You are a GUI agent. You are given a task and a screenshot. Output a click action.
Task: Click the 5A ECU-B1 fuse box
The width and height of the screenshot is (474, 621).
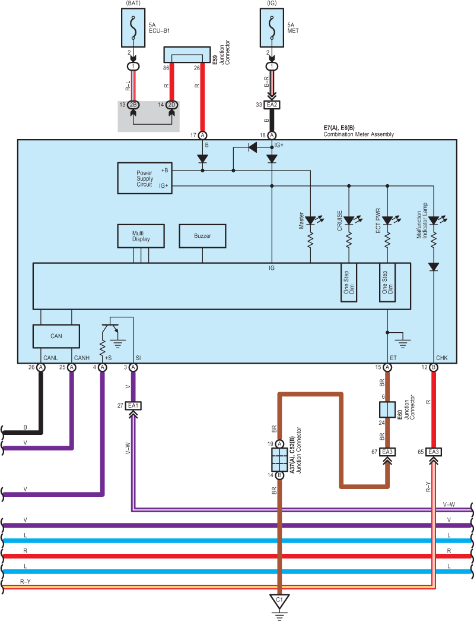point(133,28)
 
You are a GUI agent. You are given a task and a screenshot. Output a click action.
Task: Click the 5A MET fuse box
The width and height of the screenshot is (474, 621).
point(272,28)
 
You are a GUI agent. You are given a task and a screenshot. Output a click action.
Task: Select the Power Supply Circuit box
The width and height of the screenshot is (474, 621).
point(145,178)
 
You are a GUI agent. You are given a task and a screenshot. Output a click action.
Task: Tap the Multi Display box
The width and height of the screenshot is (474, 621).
point(141,236)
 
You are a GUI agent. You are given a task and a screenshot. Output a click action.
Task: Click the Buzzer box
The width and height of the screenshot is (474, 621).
point(202,236)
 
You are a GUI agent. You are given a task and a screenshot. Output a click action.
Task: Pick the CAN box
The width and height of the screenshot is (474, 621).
point(56,336)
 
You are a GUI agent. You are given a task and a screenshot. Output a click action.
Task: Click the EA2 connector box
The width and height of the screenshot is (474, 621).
point(272,105)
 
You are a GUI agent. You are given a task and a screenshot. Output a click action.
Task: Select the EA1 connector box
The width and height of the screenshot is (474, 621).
point(133,405)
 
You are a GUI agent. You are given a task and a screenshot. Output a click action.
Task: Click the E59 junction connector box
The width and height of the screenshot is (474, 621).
point(187,55)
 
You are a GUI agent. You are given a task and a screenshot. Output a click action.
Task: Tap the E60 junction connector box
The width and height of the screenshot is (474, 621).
point(387,409)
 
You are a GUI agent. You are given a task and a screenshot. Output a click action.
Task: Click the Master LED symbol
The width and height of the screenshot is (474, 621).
point(311,220)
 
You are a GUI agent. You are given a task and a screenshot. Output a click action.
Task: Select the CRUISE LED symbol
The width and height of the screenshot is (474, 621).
point(349,220)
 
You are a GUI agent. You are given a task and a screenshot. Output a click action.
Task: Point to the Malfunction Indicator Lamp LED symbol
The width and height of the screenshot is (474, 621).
point(434,220)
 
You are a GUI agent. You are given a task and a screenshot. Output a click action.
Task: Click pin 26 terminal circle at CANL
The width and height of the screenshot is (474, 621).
point(41,367)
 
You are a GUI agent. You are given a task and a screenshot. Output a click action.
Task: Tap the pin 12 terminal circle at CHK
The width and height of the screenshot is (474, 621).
point(434,367)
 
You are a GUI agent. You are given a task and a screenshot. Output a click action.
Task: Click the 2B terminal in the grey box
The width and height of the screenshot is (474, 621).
point(133,105)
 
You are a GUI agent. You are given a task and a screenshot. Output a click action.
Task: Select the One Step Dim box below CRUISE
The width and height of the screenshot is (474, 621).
point(349,282)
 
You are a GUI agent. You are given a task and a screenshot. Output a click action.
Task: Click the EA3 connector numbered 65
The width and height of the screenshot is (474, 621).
point(434,452)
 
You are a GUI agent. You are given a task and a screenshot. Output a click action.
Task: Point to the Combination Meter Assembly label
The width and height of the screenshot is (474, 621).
point(358,134)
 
